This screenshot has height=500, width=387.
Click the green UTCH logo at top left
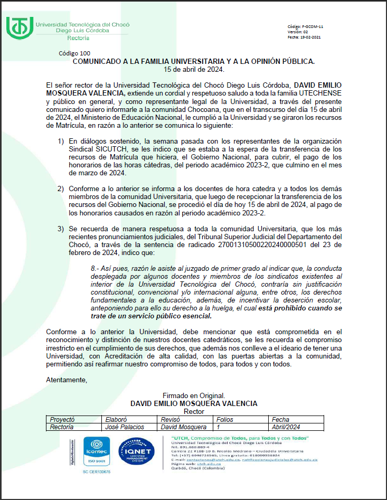[18, 27]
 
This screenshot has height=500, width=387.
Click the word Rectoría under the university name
[78, 38]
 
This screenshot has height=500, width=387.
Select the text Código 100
[74, 53]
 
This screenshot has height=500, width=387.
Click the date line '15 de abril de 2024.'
[194, 69]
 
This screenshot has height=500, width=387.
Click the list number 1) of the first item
[61, 141]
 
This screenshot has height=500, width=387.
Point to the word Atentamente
[67, 380]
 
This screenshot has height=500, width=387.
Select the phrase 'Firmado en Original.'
[194, 395]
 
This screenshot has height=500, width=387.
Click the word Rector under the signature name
[194, 411]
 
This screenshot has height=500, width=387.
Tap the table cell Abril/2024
[286, 427]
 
